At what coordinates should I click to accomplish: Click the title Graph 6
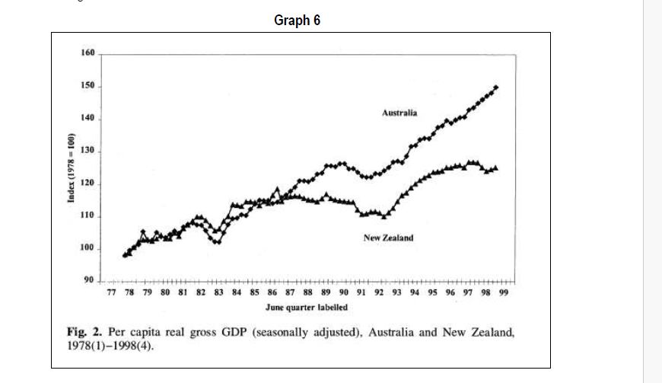point(297,21)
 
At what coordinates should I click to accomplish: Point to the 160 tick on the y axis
point(88,53)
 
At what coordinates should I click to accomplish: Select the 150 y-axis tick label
point(88,86)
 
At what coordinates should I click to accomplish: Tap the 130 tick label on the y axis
point(88,151)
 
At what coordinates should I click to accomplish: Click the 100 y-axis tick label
point(88,249)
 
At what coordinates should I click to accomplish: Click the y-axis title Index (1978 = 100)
point(71,168)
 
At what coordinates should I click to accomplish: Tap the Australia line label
point(399,113)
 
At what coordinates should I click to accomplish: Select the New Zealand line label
point(388,238)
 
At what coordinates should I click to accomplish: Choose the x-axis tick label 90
point(344,292)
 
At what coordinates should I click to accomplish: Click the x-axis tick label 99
point(502,292)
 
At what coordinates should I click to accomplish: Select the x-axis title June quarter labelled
point(307,307)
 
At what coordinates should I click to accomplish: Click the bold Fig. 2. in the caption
point(83,333)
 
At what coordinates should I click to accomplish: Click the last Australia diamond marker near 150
point(496,88)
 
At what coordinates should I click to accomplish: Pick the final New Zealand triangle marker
point(496,168)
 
